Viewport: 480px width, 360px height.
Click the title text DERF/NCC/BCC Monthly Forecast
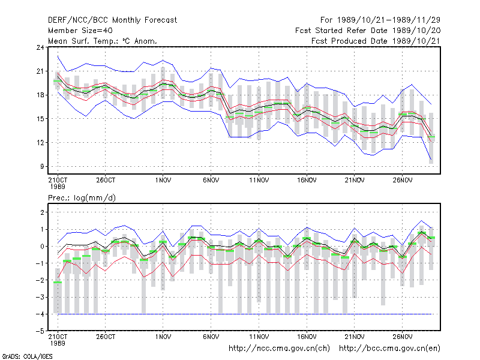tap(112, 20)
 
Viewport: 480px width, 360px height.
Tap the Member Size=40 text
tap(80, 31)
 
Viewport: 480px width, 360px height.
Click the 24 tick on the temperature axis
tap(40, 47)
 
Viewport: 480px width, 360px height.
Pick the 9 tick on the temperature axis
tap(42, 167)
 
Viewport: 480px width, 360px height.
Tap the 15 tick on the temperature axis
tap(40, 119)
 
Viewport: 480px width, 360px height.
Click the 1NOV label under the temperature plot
tap(163, 181)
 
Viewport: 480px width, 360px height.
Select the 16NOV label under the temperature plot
tap(307, 181)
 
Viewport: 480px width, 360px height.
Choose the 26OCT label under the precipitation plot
tap(106, 337)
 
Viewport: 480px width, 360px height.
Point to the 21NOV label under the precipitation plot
tap(355, 337)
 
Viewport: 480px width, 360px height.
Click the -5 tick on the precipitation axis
tap(40, 331)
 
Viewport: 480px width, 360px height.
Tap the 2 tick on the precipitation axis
tap(42, 212)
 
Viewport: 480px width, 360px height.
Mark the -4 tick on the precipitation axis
tap(40, 314)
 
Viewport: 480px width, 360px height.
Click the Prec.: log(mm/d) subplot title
tap(82, 198)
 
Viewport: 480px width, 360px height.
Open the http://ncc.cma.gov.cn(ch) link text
tap(279, 349)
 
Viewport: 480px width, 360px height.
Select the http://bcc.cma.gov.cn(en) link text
tap(389, 349)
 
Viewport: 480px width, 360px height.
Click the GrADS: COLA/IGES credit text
tap(28, 356)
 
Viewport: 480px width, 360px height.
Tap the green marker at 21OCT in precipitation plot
tap(58, 282)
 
